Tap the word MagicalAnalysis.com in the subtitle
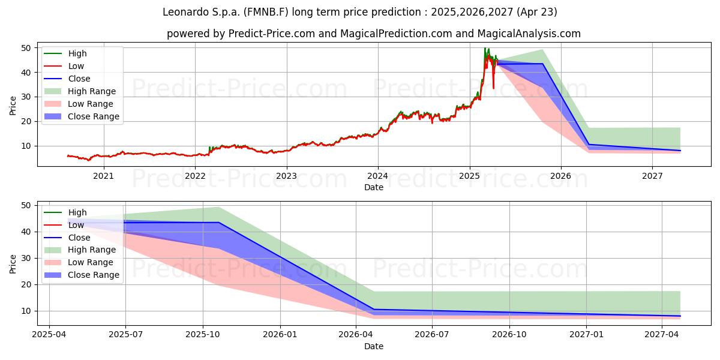pyautogui.click(x=529, y=34)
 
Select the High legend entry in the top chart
pyautogui.click(x=65, y=53)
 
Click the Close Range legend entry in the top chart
pyautogui.click(x=82, y=116)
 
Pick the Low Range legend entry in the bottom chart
pyautogui.click(x=79, y=262)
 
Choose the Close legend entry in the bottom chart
pyautogui.click(x=67, y=238)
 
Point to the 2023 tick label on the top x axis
pyautogui.click(x=286, y=176)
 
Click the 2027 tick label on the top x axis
pyautogui.click(x=652, y=176)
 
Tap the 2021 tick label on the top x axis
pyautogui.click(x=103, y=176)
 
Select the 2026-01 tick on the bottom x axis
pyautogui.click(x=280, y=335)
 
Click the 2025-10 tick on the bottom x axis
pyautogui.click(x=203, y=335)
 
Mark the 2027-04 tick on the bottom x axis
pyautogui.click(x=662, y=335)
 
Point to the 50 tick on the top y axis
pyautogui.click(x=26, y=48)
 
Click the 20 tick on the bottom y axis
pyautogui.click(x=26, y=285)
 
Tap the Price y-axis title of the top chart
pyautogui.click(x=13, y=106)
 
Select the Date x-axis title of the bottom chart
pyautogui.click(x=374, y=347)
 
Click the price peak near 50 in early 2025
pyautogui.click(x=485, y=48)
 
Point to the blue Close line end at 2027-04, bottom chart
pyautogui.click(x=680, y=316)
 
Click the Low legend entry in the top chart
pyautogui.click(x=64, y=66)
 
